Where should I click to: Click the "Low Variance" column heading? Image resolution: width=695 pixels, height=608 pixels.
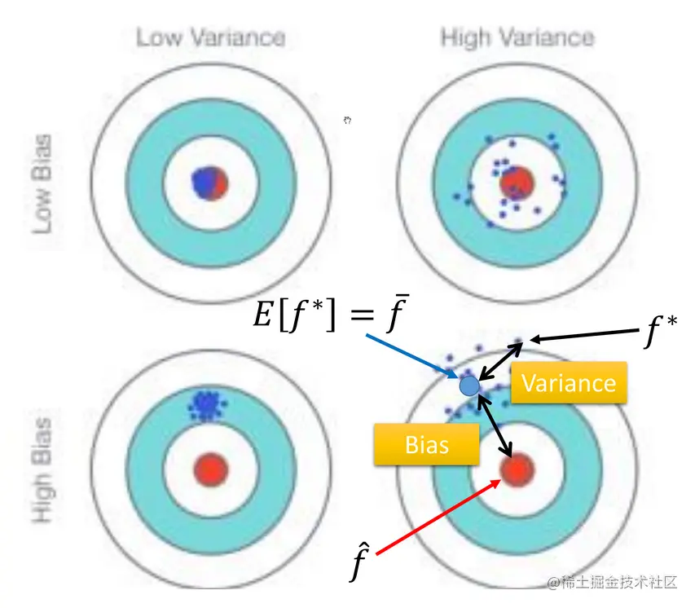[210, 37]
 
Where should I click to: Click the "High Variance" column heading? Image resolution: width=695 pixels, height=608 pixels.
[517, 37]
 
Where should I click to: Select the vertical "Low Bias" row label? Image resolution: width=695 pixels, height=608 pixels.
[42, 183]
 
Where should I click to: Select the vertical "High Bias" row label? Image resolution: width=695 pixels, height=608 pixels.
[42, 471]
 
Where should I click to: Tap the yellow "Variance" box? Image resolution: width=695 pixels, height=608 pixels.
[569, 382]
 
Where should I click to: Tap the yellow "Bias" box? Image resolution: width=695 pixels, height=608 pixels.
[426, 444]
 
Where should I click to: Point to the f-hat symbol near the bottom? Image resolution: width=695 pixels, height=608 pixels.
[358, 562]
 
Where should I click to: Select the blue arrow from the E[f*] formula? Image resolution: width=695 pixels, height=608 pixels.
[411, 351]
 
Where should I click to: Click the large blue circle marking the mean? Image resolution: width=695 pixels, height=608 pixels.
[470, 385]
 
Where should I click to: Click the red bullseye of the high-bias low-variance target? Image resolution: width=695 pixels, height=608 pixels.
[210, 469]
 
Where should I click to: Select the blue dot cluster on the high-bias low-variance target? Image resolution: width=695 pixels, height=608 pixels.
[209, 404]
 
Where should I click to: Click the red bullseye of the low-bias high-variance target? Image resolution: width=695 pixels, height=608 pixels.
[516, 182]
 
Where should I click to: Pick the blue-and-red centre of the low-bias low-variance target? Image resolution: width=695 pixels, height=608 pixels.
[209, 182]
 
